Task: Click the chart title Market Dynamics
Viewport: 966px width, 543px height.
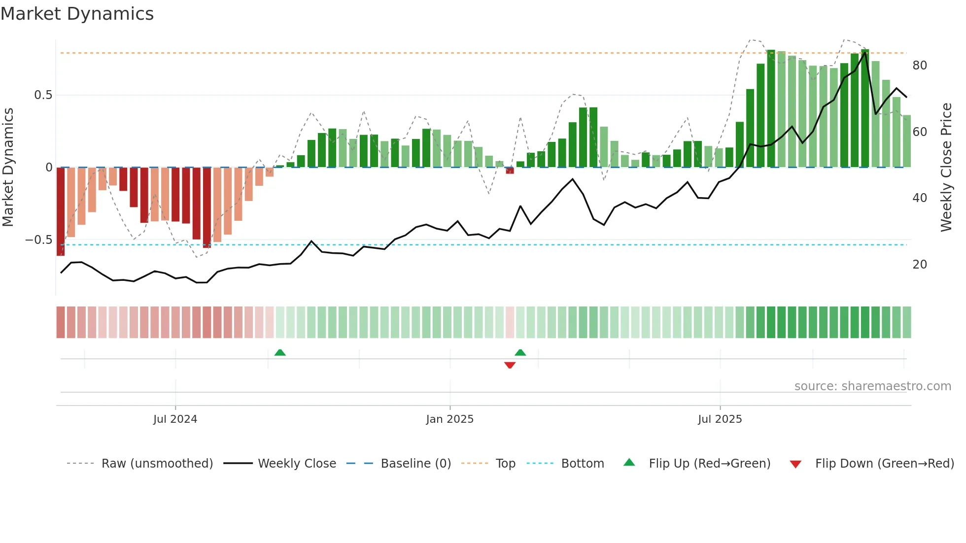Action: [77, 14]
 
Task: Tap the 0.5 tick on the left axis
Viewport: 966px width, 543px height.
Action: [43, 95]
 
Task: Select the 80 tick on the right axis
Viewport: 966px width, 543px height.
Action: [920, 66]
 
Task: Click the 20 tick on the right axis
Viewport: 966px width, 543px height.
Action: [920, 265]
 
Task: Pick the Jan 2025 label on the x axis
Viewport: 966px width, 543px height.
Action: [449, 419]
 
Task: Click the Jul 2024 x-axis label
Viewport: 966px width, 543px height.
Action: [175, 419]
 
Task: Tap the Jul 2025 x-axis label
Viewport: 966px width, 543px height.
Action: [720, 419]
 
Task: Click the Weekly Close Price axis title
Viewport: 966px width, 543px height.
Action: [946, 168]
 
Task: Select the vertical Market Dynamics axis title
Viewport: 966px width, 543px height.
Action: [8, 168]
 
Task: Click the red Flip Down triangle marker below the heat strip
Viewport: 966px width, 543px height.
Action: [510, 365]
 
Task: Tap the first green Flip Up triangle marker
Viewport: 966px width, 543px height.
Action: [280, 352]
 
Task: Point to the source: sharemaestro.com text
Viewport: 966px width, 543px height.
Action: [872, 386]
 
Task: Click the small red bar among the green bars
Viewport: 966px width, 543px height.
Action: [510, 170]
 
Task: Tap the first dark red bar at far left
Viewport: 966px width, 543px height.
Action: [61, 212]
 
